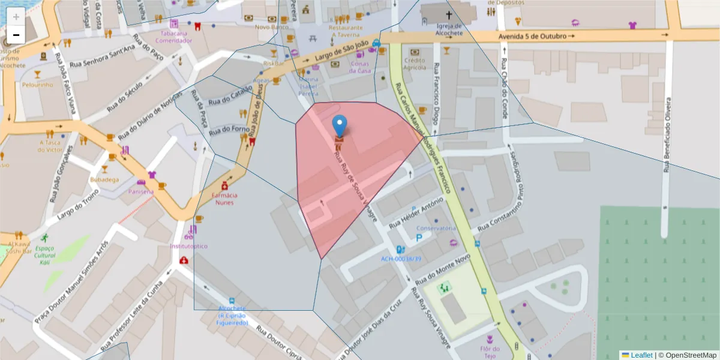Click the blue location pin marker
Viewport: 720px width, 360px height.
click(x=339, y=125)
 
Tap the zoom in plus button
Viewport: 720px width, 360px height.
click(x=16, y=17)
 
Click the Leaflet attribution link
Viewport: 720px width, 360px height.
click(x=641, y=355)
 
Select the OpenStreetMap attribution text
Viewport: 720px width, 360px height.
click(x=691, y=355)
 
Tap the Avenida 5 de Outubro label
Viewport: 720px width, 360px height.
click(x=532, y=37)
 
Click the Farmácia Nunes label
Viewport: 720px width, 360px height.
click(x=224, y=199)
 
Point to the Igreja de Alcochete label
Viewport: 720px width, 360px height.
click(x=449, y=29)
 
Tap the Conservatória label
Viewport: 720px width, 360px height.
click(x=436, y=228)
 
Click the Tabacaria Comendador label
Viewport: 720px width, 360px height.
click(x=173, y=37)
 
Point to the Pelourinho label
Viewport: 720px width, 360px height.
click(x=38, y=85)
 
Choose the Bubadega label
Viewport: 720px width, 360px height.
click(x=104, y=179)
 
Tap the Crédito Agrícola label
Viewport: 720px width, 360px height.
click(x=415, y=64)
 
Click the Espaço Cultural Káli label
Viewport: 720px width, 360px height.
click(x=44, y=256)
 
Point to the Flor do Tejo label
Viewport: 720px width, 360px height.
click(x=490, y=352)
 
